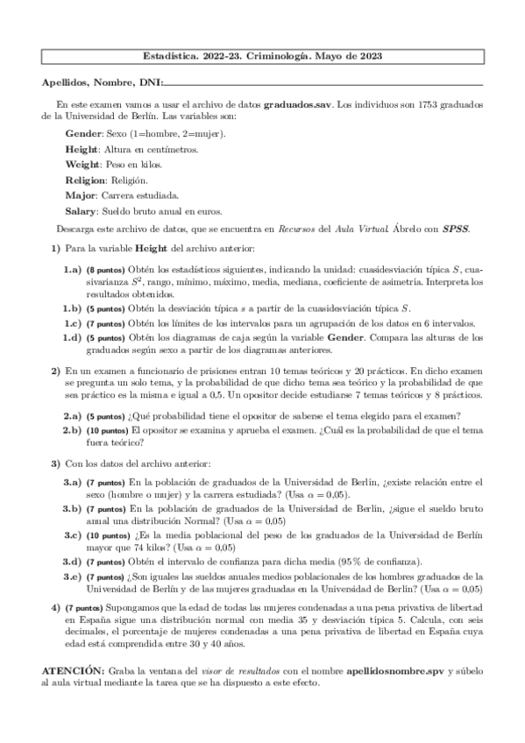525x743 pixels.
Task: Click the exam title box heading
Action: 262,55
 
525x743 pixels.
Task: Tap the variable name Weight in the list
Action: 82,165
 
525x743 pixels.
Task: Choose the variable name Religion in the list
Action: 86,180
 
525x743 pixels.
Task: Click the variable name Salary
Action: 82,211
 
